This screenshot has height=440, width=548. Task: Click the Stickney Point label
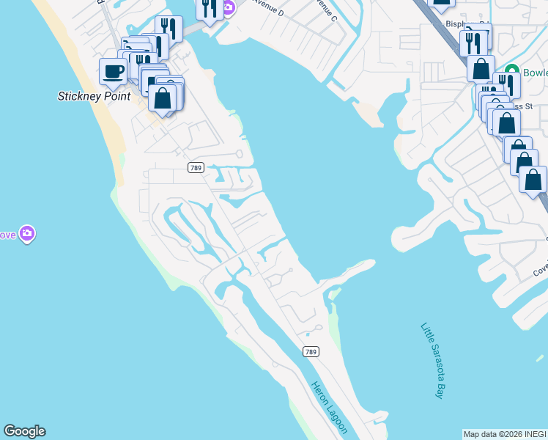(x=94, y=96)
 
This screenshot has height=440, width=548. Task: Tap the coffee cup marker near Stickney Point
(x=113, y=72)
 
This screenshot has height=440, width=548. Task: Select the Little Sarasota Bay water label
(x=432, y=360)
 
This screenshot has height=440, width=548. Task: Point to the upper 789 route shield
(x=195, y=168)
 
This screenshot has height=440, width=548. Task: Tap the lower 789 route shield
(x=311, y=352)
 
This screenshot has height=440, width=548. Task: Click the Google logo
(x=24, y=431)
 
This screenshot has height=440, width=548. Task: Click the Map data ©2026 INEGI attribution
(x=505, y=434)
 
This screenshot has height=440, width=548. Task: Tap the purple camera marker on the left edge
(x=27, y=233)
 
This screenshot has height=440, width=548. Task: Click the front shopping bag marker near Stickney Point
(x=163, y=98)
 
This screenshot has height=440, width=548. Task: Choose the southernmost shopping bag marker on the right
(x=533, y=180)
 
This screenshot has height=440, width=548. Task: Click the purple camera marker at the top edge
(x=228, y=7)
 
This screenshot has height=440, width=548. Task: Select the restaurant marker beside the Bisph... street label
(x=473, y=43)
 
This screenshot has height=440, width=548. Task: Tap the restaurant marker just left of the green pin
(x=506, y=84)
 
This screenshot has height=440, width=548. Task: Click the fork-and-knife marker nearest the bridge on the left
(x=169, y=29)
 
